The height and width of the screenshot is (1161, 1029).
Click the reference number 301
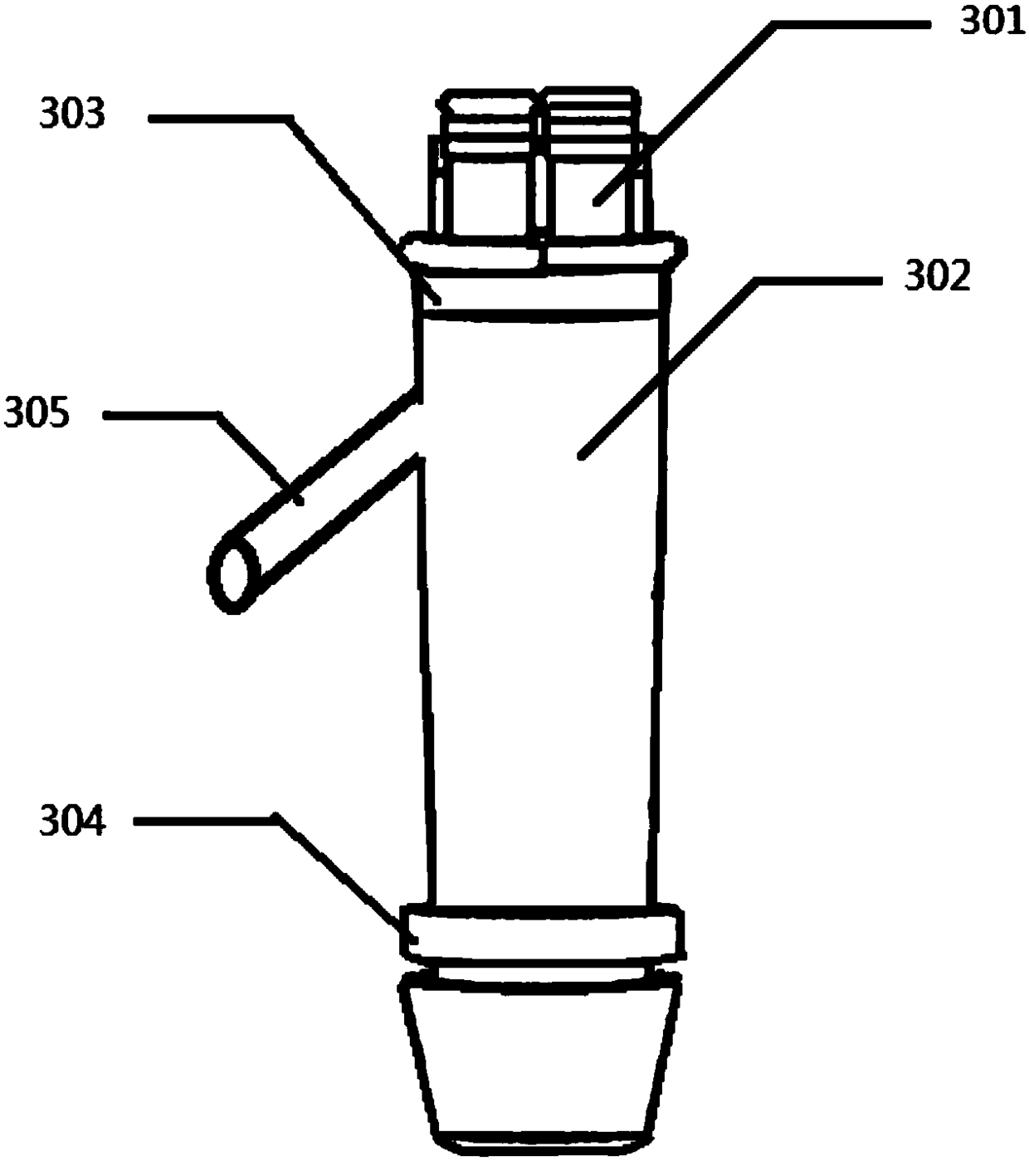[992, 23]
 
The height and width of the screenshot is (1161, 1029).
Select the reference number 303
[73, 115]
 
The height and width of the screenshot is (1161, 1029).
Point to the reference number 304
[73, 822]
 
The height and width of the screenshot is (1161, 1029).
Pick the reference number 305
[37, 412]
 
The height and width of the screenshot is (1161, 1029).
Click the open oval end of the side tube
[236, 575]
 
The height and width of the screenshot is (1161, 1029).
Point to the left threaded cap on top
[488, 166]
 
